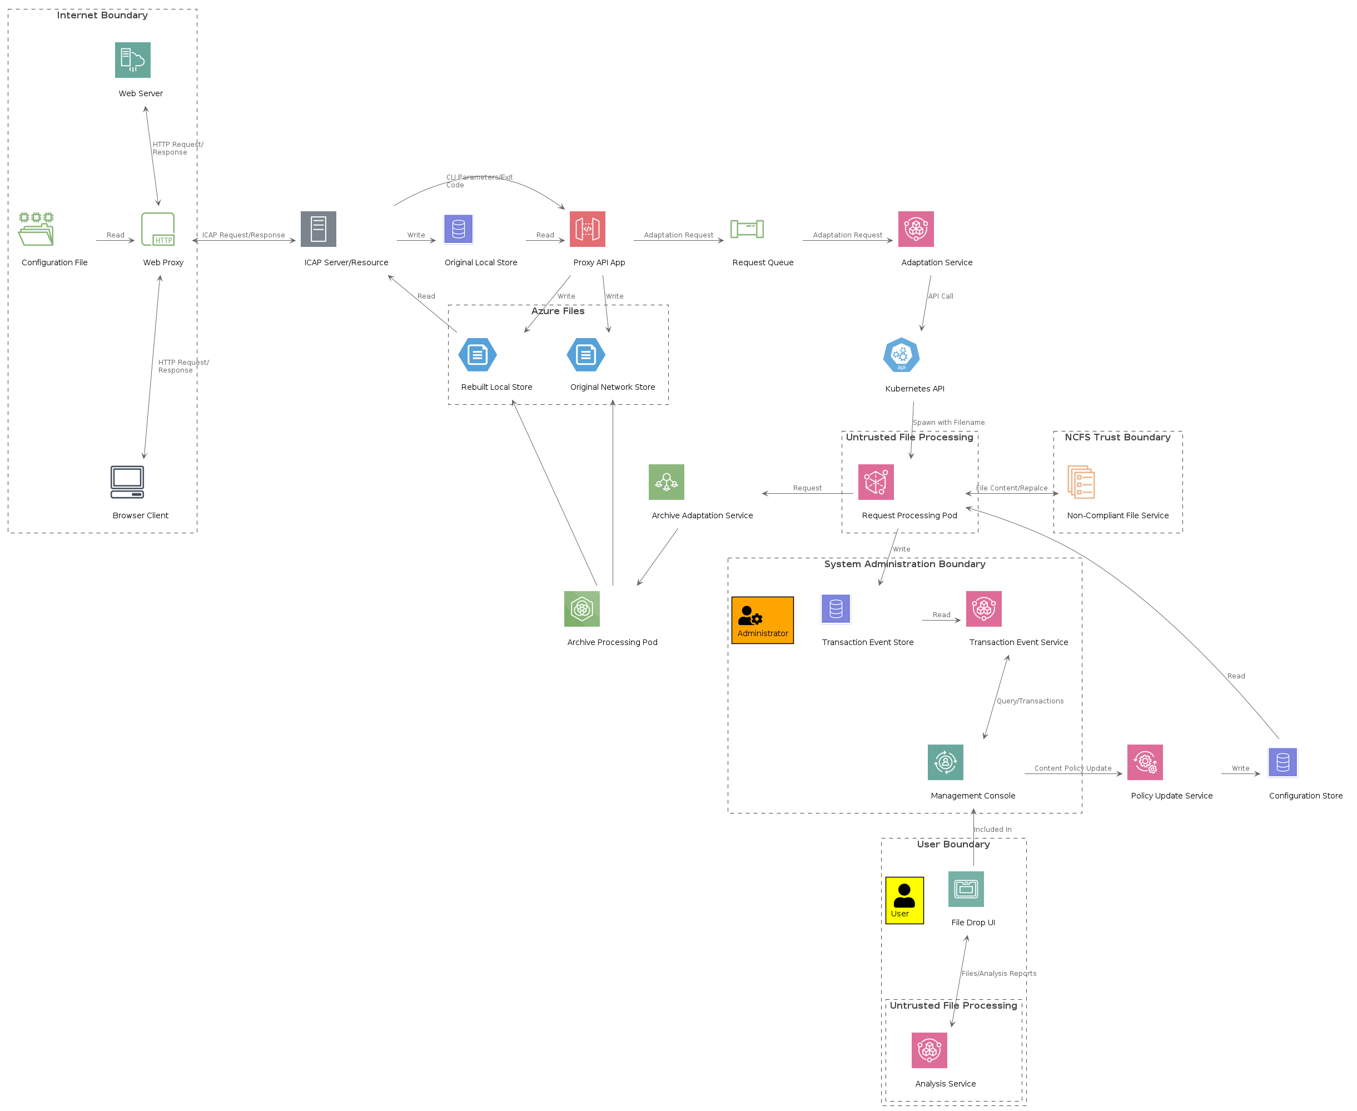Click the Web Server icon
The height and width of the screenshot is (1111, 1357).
coord(132,60)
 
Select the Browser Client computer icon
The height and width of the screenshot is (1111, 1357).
coord(127,482)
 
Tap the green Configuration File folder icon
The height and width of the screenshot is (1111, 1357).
coord(36,229)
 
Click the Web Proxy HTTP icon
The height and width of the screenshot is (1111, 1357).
coord(158,229)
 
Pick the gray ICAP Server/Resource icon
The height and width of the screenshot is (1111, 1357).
coord(318,229)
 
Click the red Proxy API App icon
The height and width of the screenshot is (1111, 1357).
coord(588,229)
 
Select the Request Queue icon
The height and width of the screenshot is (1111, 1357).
coord(747,229)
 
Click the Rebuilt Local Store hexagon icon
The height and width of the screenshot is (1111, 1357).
coord(478,355)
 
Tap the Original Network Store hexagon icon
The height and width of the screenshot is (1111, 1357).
coord(585,355)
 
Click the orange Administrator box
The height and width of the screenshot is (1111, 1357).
coord(762,620)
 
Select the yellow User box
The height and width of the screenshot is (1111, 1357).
coord(904,900)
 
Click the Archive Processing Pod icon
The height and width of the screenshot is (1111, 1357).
coord(581,609)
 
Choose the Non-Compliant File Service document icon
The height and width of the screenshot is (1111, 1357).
coord(1081,482)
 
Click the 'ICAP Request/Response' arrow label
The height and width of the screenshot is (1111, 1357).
coord(243,235)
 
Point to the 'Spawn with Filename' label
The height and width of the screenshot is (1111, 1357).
coord(948,423)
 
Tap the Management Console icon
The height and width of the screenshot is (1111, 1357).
coord(945,762)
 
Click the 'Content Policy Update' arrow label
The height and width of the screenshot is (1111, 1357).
coord(1072,768)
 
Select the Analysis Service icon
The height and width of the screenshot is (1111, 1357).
coord(929,1050)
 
